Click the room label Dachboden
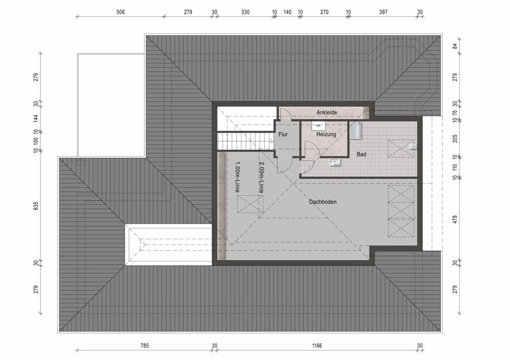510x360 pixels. tap(323, 202)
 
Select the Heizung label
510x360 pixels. tap(326, 135)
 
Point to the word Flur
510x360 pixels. tap(284, 135)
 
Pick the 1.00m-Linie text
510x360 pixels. tap(237, 177)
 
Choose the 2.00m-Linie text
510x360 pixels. tap(261, 177)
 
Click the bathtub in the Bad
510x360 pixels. tap(355, 131)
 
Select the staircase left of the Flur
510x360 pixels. tap(244, 141)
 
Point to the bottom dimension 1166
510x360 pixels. tap(317, 346)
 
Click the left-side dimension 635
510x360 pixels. tap(36, 207)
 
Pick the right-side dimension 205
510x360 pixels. tap(455, 139)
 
